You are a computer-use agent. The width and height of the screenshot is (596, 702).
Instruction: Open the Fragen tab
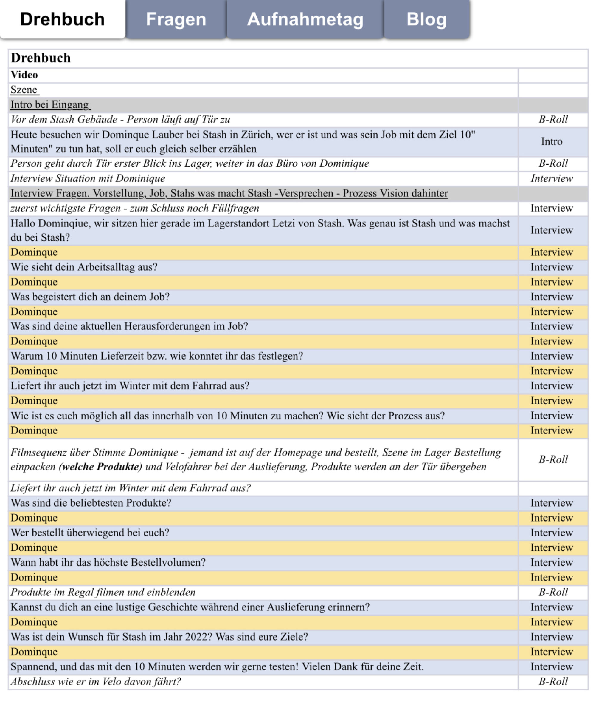pyautogui.click(x=176, y=19)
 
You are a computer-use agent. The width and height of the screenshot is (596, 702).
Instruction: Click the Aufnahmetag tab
pyautogui.click(x=305, y=19)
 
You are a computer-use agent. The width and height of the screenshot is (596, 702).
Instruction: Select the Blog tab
pyautogui.click(x=426, y=19)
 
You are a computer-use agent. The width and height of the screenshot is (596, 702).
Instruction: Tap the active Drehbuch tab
pyautogui.click(x=63, y=19)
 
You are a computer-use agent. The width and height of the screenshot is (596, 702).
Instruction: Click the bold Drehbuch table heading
pyautogui.click(x=41, y=58)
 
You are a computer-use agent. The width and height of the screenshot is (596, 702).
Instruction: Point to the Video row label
pyautogui.click(x=24, y=75)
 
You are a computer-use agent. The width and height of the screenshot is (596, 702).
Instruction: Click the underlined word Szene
pyautogui.click(x=24, y=90)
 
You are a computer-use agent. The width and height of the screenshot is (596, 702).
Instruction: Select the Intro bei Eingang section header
pyautogui.click(x=50, y=104)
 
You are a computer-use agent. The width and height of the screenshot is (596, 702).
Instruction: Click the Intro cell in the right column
pyautogui.click(x=551, y=141)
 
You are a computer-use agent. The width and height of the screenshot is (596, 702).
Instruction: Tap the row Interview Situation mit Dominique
pyautogui.click(x=88, y=178)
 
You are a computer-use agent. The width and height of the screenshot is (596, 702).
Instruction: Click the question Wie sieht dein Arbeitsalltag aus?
pyautogui.click(x=84, y=267)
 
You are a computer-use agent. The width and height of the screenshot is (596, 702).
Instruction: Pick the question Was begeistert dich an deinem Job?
pyautogui.click(x=90, y=297)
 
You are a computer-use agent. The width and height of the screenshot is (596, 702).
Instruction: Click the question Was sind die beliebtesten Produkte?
pyautogui.click(x=91, y=503)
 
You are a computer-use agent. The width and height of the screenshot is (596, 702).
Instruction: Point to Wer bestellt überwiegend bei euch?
pyautogui.click(x=90, y=533)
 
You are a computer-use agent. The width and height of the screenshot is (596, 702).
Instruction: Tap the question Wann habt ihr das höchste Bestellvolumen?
pyautogui.click(x=108, y=562)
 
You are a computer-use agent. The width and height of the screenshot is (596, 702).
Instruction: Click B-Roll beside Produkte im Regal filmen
pyautogui.click(x=553, y=592)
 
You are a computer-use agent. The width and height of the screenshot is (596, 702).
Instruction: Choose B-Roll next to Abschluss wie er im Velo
pyautogui.click(x=553, y=681)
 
